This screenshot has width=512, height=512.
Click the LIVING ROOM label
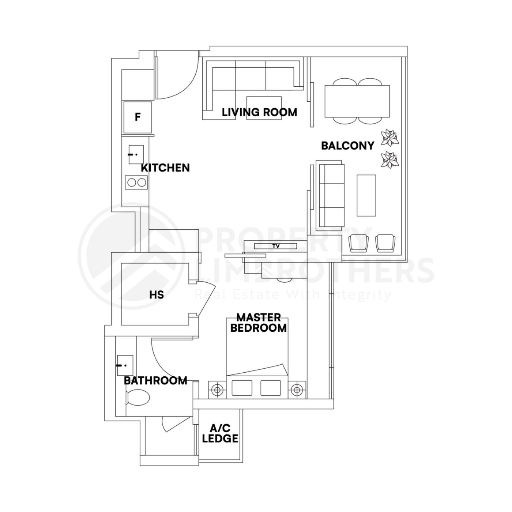[x=259, y=112]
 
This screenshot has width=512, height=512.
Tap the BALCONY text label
[x=347, y=146]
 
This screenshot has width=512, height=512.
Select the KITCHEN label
[x=165, y=168]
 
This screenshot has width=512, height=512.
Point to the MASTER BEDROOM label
[x=258, y=323]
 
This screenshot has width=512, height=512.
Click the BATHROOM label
[x=155, y=381]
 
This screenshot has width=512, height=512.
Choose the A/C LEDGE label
[x=220, y=433]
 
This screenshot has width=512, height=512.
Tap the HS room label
[x=156, y=295]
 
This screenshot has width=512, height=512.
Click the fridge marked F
[x=138, y=117]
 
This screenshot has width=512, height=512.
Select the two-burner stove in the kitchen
[x=136, y=182]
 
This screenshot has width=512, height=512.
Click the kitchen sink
[x=136, y=154]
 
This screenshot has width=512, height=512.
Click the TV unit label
[x=276, y=246]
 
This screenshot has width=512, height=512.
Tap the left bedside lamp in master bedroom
[x=217, y=390]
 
